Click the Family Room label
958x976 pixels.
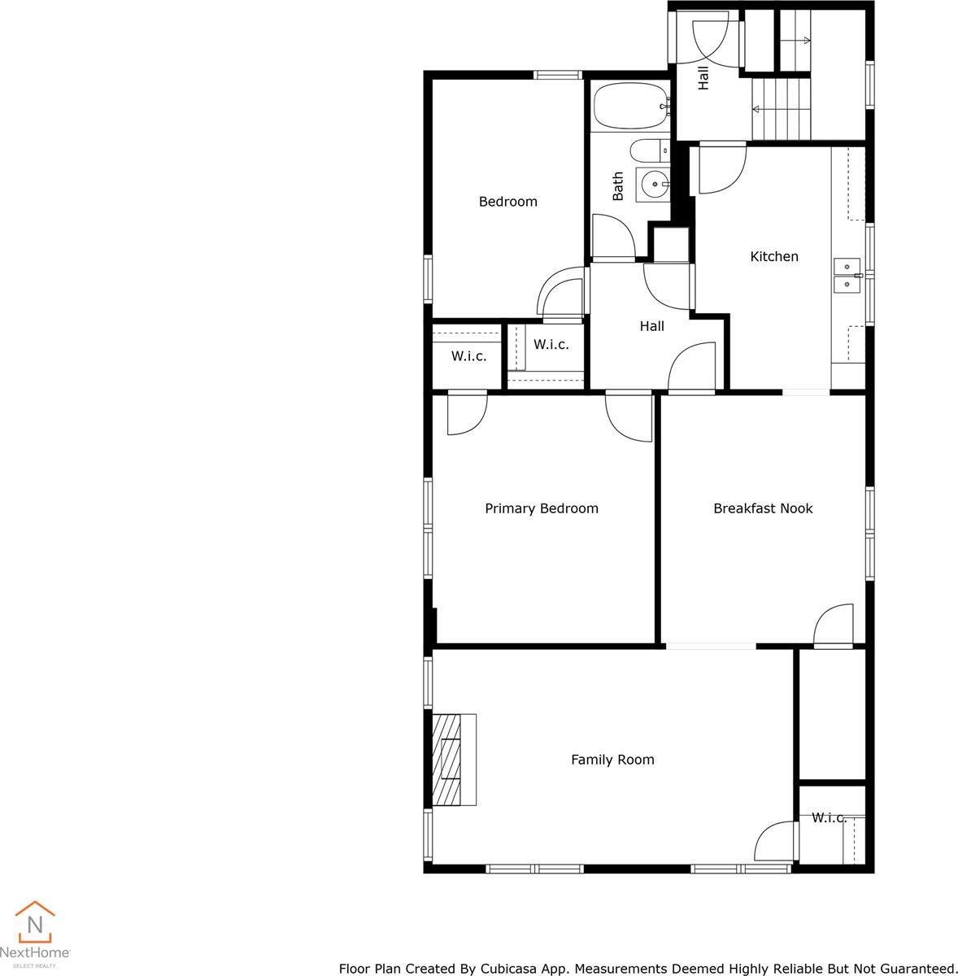612,760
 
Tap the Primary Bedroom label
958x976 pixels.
542,508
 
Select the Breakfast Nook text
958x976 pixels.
763,508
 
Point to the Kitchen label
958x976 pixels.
773,256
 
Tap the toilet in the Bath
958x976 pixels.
649,151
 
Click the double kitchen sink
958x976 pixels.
847,275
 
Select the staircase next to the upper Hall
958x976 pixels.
782,109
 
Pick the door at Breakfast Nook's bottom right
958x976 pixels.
834,626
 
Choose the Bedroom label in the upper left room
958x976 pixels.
507,202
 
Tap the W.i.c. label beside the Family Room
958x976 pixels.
829,817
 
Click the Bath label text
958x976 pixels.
618,186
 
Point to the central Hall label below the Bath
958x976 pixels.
651,326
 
